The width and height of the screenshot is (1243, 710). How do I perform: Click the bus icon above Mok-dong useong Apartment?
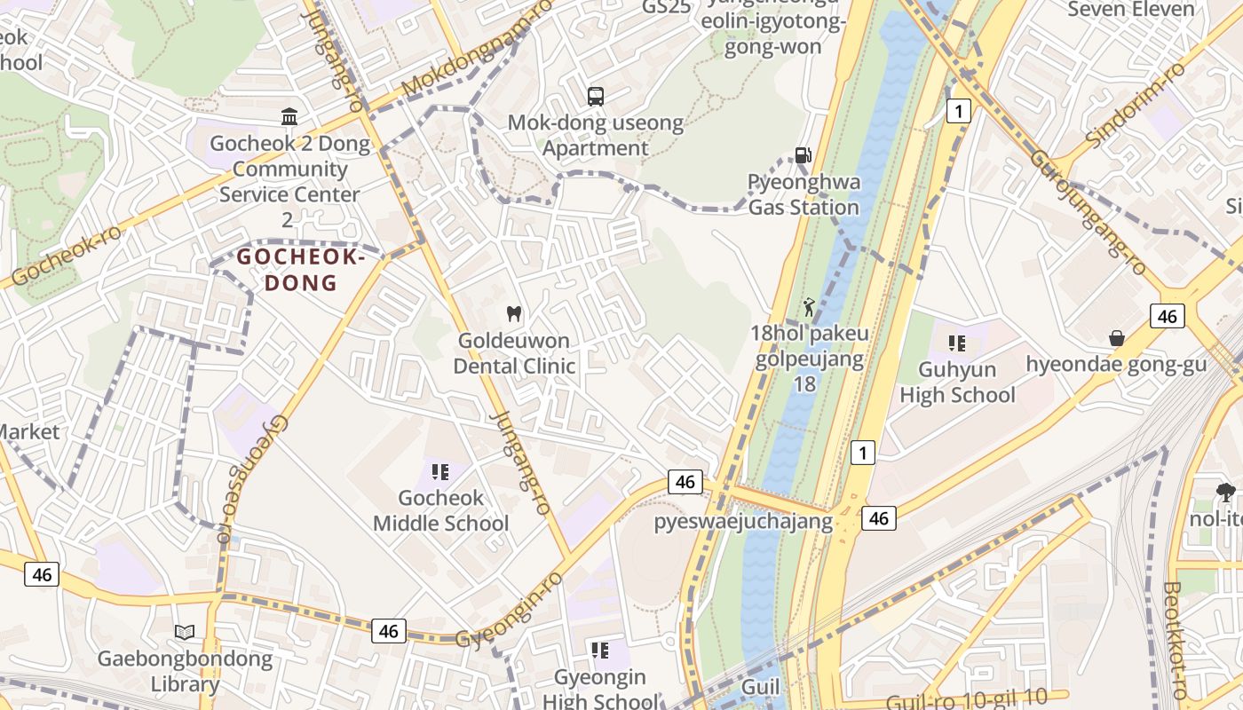click(x=596, y=96)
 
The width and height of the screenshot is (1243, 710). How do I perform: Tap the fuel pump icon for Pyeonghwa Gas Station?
click(x=803, y=155)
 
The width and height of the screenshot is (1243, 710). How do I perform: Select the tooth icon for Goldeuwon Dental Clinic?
click(x=513, y=313)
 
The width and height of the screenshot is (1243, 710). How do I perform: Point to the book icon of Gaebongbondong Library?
click(x=185, y=633)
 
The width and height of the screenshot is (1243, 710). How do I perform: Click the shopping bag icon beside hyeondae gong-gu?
click(x=1116, y=338)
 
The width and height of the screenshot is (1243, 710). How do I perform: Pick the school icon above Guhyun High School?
click(x=956, y=343)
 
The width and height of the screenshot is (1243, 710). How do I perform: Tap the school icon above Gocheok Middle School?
click(x=440, y=471)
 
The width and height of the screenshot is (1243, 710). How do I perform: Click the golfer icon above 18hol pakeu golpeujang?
click(x=808, y=307)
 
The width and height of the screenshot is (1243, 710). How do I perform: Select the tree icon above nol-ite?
click(x=1225, y=491)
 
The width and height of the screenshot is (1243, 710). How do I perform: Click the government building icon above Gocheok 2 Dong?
click(x=289, y=117)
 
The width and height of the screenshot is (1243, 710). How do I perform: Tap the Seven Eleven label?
click(x=1130, y=10)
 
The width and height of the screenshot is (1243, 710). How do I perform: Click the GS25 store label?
click(x=666, y=8)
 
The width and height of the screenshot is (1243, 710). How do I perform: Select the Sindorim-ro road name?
click(x=1136, y=105)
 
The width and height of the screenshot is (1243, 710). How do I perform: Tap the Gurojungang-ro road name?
click(x=1087, y=212)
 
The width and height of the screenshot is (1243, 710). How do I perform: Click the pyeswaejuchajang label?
click(x=743, y=522)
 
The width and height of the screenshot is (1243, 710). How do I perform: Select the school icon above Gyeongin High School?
click(x=600, y=651)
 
